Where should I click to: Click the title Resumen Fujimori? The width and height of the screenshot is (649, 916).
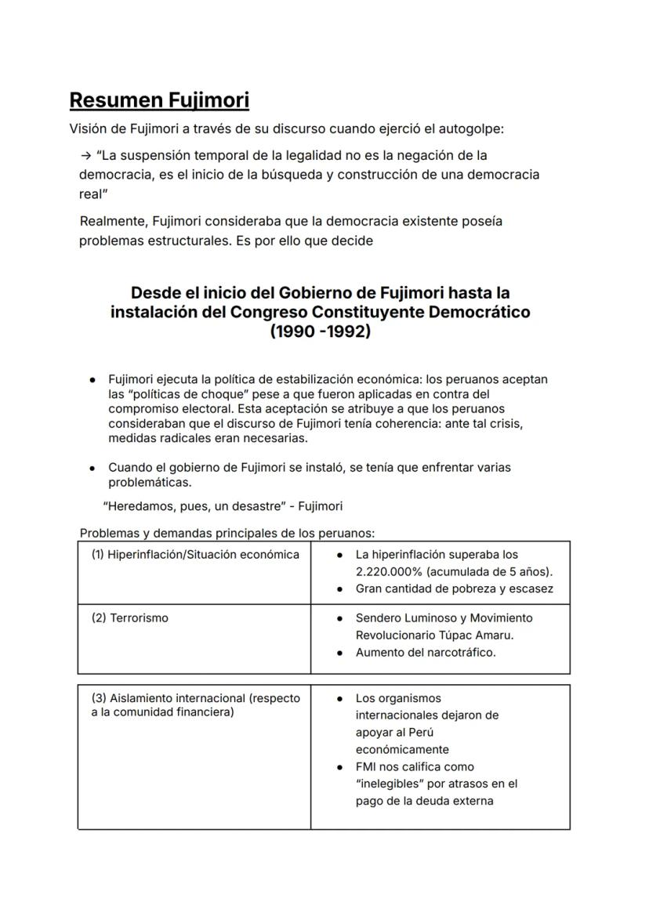159,100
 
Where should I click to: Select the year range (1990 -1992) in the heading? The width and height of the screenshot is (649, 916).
320,331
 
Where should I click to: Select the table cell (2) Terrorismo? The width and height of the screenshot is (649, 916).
129,618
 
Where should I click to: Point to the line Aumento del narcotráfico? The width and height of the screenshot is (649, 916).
425,653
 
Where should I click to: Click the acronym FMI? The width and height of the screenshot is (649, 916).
367,767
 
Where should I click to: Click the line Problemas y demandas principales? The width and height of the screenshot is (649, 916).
227,534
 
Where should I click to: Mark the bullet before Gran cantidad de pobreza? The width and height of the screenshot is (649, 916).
339,589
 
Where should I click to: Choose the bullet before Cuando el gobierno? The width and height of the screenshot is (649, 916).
92,468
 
